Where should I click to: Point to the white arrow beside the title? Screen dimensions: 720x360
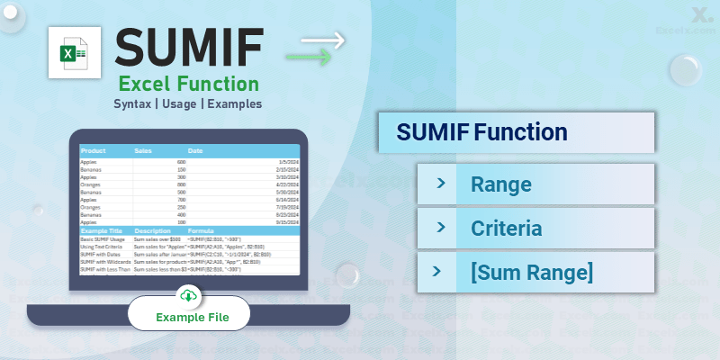321,40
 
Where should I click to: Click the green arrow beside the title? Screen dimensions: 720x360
308,58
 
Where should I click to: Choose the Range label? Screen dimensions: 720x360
501,184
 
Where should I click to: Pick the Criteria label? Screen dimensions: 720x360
507,228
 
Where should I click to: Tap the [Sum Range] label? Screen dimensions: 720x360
532,271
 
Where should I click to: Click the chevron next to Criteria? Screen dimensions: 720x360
441,228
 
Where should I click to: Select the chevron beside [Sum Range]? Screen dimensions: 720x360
441,271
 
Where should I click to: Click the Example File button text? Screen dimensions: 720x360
193,317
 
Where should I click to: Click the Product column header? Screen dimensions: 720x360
93,151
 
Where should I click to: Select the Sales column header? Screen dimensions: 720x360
144,151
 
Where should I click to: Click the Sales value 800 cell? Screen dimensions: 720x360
181,184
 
